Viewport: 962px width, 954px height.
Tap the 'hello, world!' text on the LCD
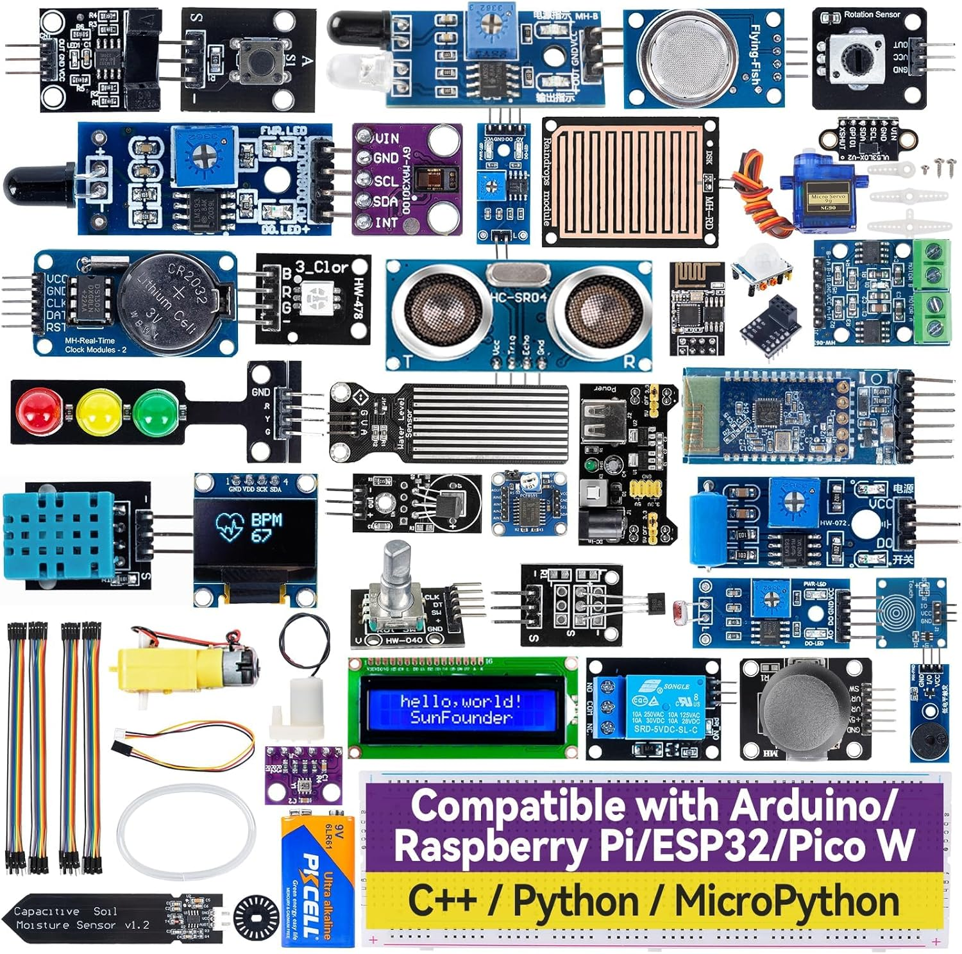(x=460, y=700)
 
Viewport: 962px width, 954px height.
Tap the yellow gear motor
(x=170, y=667)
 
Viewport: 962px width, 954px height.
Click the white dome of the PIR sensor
(x=761, y=260)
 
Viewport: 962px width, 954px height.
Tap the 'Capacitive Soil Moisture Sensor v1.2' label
(x=82, y=918)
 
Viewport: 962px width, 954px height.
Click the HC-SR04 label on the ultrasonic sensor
(x=518, y=298)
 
